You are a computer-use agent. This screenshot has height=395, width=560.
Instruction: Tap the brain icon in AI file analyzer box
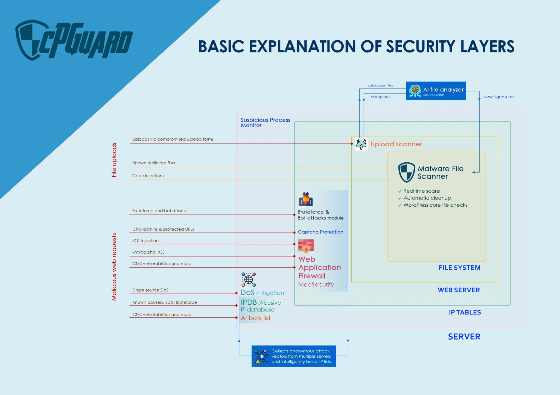click(415, 90)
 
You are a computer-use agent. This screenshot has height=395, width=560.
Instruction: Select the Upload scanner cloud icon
click(361, 144)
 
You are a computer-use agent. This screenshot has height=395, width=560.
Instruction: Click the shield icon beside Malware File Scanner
click(407, 172)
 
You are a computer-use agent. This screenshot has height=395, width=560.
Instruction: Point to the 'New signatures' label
click(498, 97)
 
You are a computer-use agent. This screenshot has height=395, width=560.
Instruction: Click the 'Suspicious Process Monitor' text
click(265, 123)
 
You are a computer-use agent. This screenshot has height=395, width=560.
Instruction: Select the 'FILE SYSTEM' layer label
click(459, 268)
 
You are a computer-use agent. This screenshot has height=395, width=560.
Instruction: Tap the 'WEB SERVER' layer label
click(459, 290)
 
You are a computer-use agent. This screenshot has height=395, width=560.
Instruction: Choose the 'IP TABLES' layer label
click(465, 313)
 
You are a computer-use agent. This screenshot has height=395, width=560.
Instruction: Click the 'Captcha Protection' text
click(320, 232)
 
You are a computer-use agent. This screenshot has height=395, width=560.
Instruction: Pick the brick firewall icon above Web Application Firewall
click(306, 246)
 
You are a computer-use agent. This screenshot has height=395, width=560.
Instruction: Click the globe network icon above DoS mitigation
click(249, 280)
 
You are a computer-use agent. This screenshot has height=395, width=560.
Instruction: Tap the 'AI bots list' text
click(256, 318)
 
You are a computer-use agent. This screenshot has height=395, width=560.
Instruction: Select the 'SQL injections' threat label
click(146, 241)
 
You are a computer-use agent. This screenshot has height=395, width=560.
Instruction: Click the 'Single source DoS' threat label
click(150, 290)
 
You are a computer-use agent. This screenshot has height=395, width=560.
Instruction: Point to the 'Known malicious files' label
click(154, 163)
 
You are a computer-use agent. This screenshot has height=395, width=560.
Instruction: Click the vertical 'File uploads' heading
click(114, 160)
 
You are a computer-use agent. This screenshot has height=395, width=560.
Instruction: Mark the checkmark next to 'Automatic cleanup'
click(400, 198)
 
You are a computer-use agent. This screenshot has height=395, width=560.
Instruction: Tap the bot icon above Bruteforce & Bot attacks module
click(306, 199)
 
